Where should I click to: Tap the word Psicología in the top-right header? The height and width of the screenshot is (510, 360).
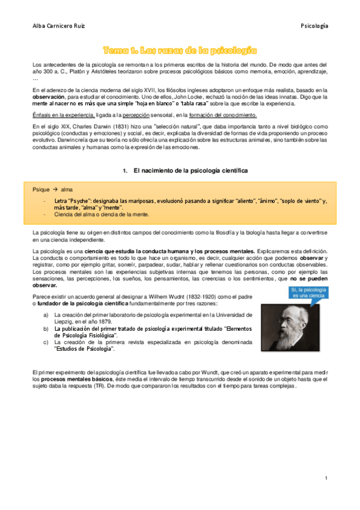314,26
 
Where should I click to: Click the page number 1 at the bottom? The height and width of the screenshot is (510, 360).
325,478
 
